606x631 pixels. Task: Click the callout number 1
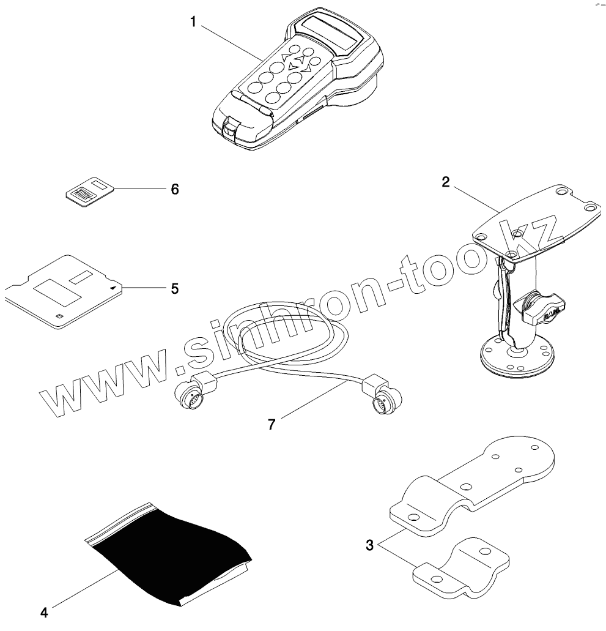point(193,23)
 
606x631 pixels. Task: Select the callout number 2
point(446,182)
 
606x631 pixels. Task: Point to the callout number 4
point(44,611)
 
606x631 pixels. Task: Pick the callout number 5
point(175,288)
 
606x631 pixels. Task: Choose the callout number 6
point(175,190)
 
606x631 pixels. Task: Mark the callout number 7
point(272,424)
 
